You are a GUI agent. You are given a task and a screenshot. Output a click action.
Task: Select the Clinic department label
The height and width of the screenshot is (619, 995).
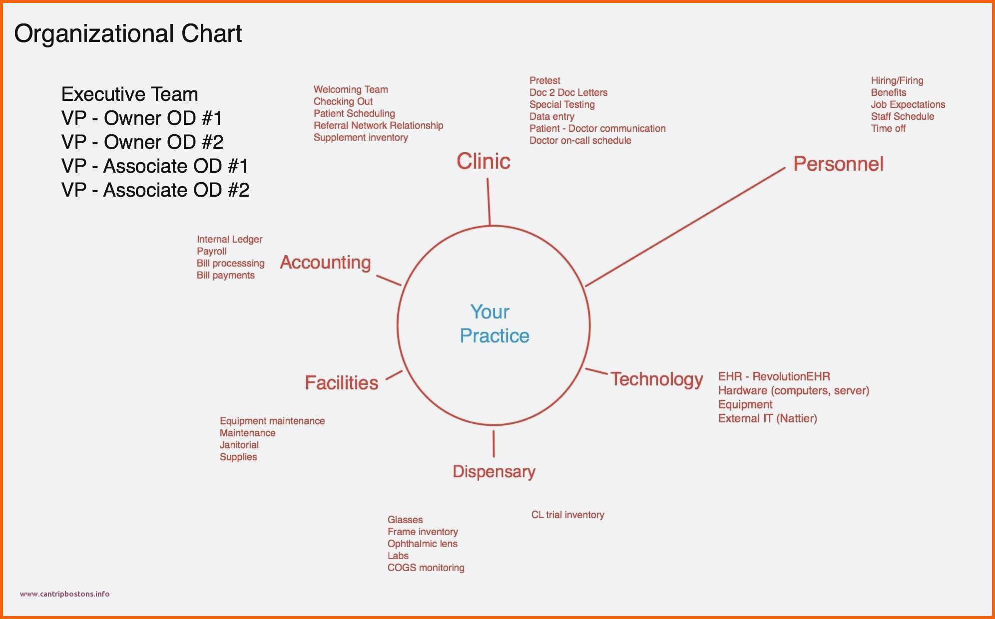click(x=484, y=161)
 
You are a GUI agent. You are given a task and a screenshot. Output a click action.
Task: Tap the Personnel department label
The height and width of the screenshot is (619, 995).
click(x=839, y=164)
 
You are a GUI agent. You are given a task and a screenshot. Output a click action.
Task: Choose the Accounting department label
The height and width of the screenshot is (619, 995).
click(x=326, y=263)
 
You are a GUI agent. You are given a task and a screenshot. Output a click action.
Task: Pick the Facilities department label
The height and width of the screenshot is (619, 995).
click(x=342, y=383)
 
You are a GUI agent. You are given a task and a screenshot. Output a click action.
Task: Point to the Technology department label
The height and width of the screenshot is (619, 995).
click(x=657, y=380)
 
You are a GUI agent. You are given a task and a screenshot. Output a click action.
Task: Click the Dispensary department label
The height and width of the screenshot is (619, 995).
click(x=494, y=472)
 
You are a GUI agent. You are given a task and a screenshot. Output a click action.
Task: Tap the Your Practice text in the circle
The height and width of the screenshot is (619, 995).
click(x=494, y=323)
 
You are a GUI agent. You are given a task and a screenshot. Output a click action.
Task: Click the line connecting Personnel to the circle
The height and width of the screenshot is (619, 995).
click(x=685, y=227)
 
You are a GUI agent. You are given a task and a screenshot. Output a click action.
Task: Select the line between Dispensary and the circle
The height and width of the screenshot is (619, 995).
click(x=494, y=444)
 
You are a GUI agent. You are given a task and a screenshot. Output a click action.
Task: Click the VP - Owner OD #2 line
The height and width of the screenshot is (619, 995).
click(x=142, y=142)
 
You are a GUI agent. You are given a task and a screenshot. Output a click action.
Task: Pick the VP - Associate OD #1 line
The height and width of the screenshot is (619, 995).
click(x=155, y=166)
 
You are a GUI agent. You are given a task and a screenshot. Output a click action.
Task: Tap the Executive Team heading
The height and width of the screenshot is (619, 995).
click(x=130, y=94)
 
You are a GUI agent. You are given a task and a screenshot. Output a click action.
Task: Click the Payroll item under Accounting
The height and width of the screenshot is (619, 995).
click(x=212, y=252)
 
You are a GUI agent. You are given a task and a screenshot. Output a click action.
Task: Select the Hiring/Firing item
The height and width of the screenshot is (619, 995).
click(x=897, y=81)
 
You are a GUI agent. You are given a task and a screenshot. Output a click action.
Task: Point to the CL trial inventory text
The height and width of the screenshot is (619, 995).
click(x=568, y=515)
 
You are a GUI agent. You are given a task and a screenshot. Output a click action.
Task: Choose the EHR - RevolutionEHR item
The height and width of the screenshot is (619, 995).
click(x=774, y=376)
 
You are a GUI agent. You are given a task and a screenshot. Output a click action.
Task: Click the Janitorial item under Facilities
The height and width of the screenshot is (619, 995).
click(x=239, y=445)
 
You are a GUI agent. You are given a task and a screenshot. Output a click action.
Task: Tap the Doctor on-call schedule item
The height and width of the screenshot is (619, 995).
click(x=580, y=141)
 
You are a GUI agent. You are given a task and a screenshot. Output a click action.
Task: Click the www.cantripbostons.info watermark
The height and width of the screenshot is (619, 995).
click(x=65, y=594)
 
